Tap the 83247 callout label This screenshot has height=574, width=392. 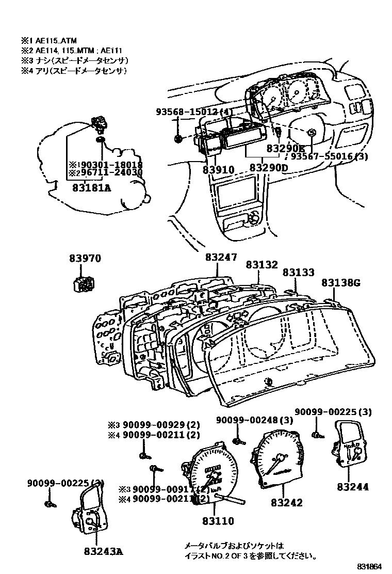(x=220, y=256)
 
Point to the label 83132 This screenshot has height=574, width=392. (x=262, y=264)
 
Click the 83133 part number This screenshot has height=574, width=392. (x=298, y=272)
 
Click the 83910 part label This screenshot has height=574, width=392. (x=218, y=169)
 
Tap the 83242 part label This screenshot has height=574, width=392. (x=287, y=502)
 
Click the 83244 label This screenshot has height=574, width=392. (x=353, y=486)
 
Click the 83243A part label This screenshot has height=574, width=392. (x=103, y=551)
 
